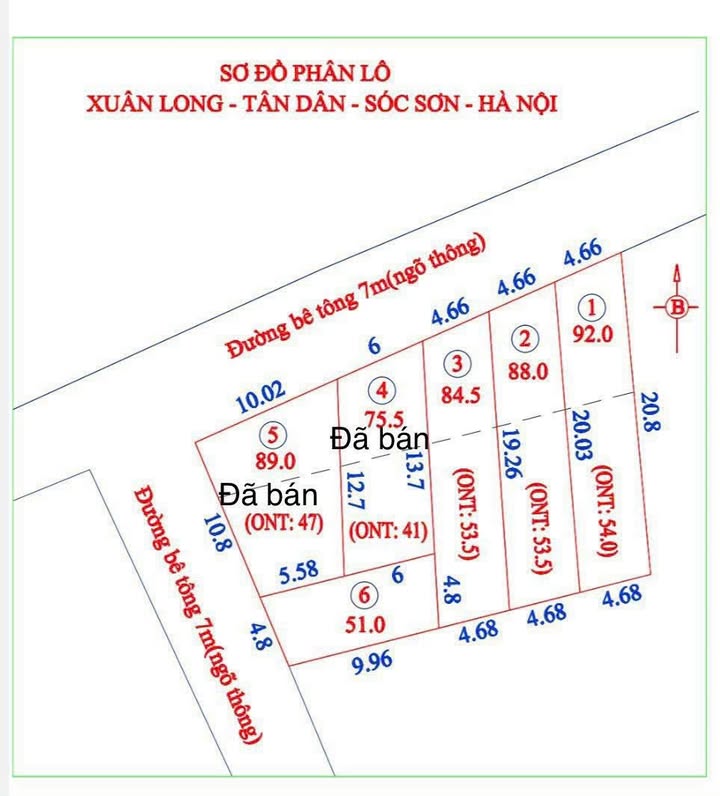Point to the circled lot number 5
click(273, 435)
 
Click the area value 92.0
click(592, 335)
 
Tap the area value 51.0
click(365, 624)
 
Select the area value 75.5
click(384, 419)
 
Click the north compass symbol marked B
click(678, 308)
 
